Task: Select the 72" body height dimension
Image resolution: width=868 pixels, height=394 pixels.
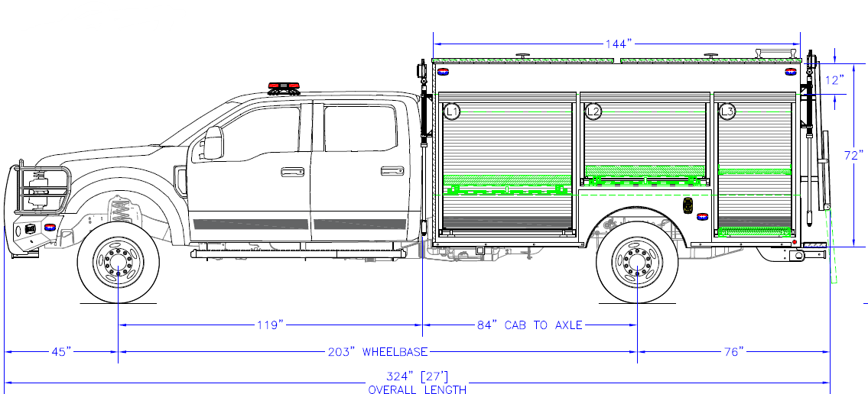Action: click(854, 155)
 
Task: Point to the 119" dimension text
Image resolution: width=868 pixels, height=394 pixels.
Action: click(269, 325)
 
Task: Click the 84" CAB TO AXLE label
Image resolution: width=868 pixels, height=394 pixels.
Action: click(529, 325)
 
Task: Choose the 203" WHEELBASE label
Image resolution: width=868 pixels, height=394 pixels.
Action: click(395, 352)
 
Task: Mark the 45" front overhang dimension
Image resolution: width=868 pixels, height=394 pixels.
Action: click(61, 352)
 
